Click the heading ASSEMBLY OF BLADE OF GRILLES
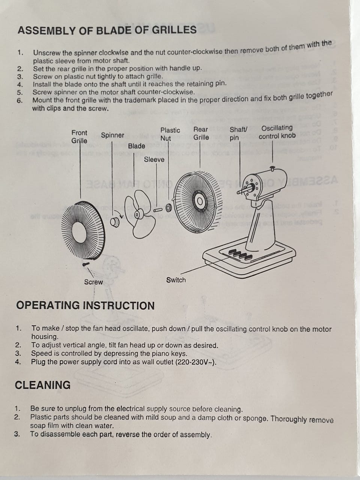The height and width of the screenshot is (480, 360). pyautogui.click(x=107, y=30)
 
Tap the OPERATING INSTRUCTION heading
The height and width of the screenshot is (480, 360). pyautogui.click(x=85, y=305)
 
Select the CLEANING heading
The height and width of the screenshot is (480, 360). pyautogui.click(x=43, y=385)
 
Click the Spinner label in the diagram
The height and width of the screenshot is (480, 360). pyautogui.click(x=112, y=135)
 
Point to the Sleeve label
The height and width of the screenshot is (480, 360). pyautogui.click(x=154, y=160)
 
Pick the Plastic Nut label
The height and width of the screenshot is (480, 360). pyautogui.click(x=170, y=134)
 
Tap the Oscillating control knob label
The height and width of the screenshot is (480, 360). pyautogui.click(x=277, y=132)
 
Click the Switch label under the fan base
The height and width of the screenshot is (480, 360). pyautogui.click(x=176, y=280)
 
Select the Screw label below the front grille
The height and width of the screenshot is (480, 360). pyautogui.click(x=93, y=282)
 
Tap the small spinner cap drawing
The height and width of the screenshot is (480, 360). pyautogui.click(x=115, y=222)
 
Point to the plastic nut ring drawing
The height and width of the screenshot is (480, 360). pyautogui.click(x=168, y=208)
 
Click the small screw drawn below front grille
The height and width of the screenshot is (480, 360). pyautogui.click(x=86, y=264)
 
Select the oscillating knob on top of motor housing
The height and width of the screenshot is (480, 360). pyautogui.click(x=272, y=169)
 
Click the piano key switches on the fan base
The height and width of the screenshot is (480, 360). pyautogui.click(x=240, y=254)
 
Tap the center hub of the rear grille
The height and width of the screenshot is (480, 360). pyautogui.click(x=199, y=201)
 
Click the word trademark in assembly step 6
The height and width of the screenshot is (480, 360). pyautogui.click(x=139, y=100)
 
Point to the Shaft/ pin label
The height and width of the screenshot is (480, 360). pyautogui.click(x=238, y=134)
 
